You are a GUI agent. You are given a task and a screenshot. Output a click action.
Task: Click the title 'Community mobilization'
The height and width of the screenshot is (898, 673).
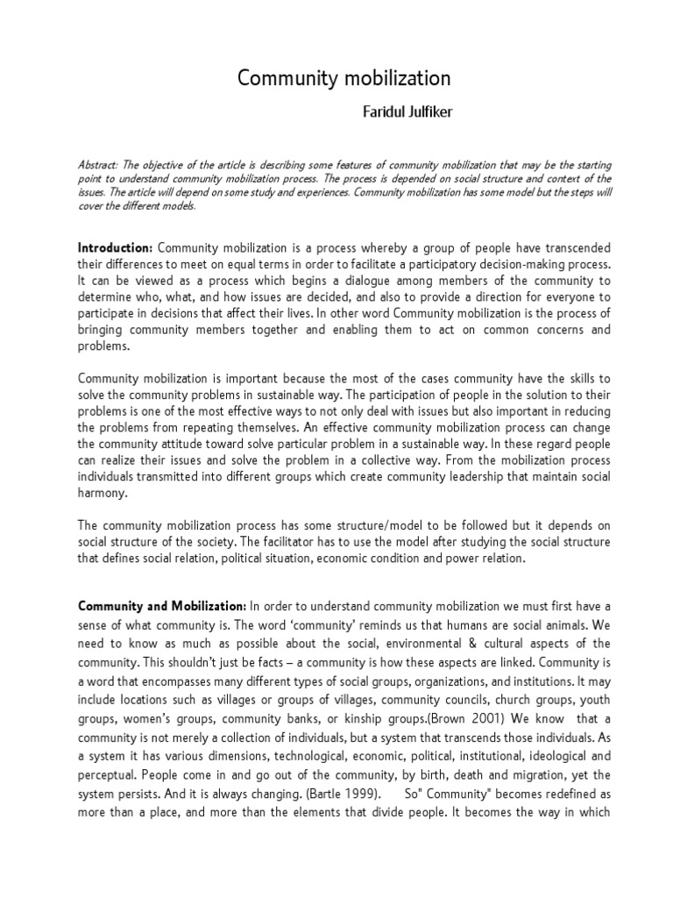(x=344, y=79)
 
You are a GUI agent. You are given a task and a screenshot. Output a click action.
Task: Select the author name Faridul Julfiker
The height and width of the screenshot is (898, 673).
(x=402, y=114)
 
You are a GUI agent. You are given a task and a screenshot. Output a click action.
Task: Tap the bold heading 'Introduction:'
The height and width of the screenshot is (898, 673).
(x=117, y=248)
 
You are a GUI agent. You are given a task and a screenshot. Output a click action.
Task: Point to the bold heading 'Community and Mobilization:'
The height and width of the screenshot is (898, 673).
(x=162, y=606)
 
